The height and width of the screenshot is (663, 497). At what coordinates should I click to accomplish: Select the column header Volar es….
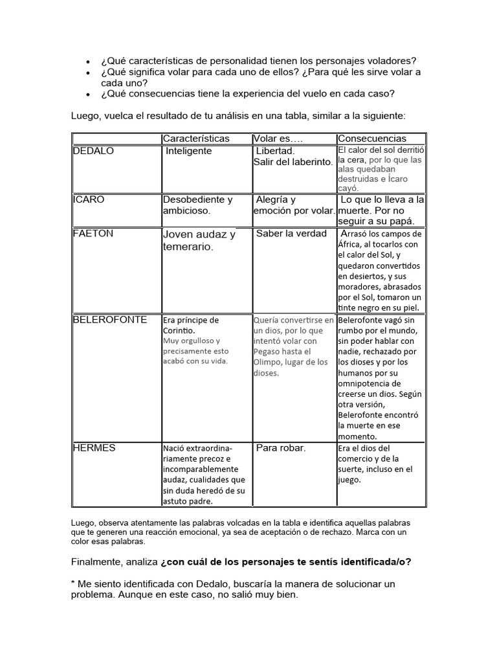pyautogui.click(x=278, y=139)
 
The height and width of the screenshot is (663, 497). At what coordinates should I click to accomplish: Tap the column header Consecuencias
pyautogui.click(x=372, y=139)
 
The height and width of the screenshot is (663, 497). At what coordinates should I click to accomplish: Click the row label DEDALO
pyautogui.click(x=93, y=150)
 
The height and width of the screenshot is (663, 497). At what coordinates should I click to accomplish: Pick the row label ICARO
pyautogui.click(x=88, y=199)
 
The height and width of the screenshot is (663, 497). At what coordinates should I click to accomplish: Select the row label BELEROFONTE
pyautogui.click(x=109, y=319)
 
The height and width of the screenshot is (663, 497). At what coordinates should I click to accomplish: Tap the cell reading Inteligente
pyautogui.click(x=188, y=150)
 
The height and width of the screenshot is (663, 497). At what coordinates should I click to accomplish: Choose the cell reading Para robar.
pyautogui.click(x=281, y=447)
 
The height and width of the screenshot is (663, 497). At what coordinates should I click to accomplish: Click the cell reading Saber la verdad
pyautogui.click(x=291, y=233)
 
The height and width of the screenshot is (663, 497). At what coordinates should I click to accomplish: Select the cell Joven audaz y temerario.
pyautogui.click(x=199, y=240)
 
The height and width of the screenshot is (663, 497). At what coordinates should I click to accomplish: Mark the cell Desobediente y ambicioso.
pyautogui.click(x=197, y=205)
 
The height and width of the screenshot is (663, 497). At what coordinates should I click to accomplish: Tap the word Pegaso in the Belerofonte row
pyautogui.click(x=269, y=352)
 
